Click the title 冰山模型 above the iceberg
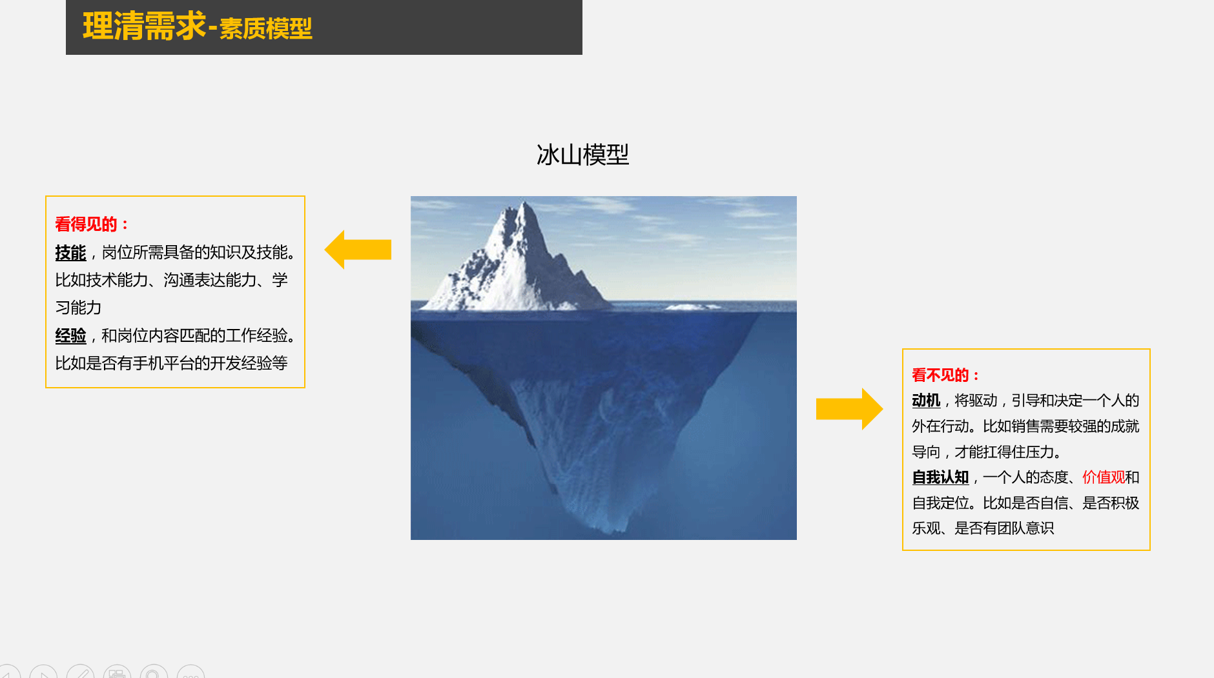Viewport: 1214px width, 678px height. (582, 155)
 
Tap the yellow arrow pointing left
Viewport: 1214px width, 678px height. (358, 250)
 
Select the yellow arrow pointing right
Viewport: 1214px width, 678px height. (849, 409)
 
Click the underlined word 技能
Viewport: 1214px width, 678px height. (70, 253)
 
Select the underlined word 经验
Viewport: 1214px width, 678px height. (70, 336)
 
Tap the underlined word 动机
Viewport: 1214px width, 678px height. (926, 401)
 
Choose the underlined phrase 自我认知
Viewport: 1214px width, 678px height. (940, 477)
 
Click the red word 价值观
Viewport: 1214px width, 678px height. (1104, 477)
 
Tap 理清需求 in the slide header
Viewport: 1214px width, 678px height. (144, 27)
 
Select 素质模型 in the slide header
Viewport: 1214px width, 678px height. (265, 29)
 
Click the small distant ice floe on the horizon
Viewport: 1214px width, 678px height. (693, 306)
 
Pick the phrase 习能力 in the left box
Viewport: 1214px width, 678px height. (78, 308)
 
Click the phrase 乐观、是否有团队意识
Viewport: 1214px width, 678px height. (983, 528)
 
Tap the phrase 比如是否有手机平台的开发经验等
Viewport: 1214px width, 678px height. (171, 363)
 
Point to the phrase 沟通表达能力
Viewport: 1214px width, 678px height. (210, 280)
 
